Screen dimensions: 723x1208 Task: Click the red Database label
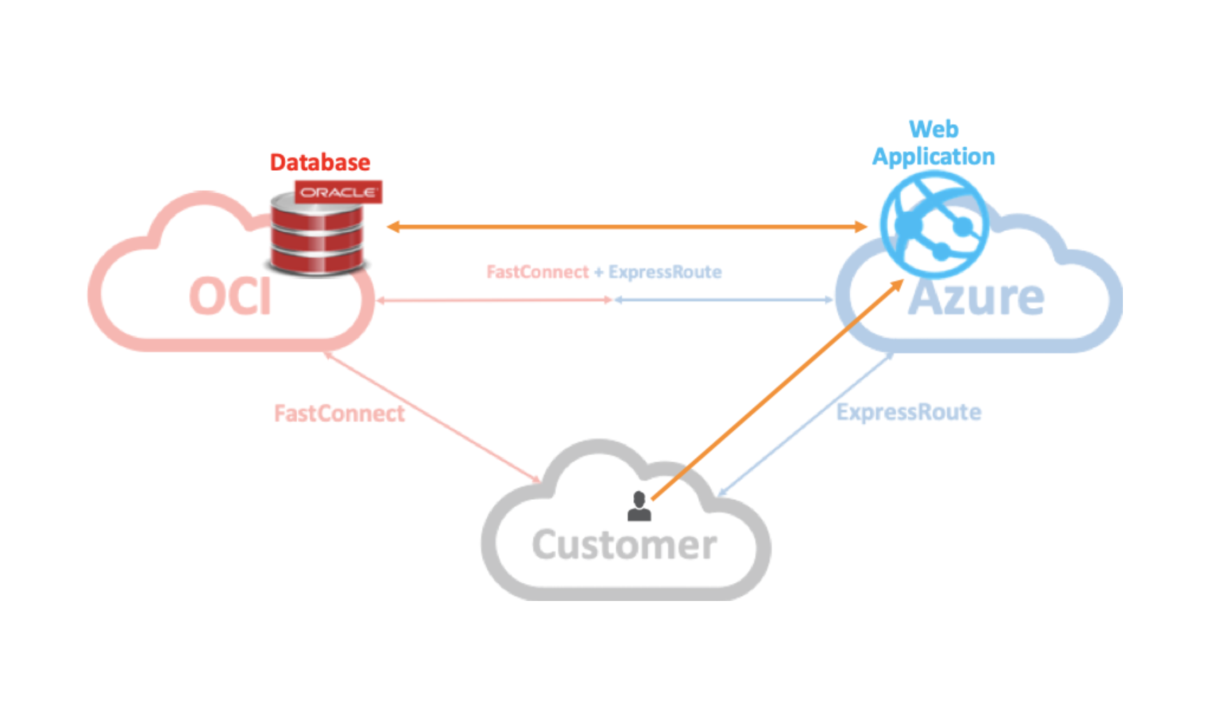(x=320, y=162)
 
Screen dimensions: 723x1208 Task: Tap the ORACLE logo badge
(x=338, y=192)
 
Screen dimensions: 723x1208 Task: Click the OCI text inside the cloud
(x=230, y=297)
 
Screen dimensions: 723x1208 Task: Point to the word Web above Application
(x=933, y=129)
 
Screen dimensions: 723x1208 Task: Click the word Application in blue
(x=933, y=157)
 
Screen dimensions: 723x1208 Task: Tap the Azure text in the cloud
(x=976, y=298)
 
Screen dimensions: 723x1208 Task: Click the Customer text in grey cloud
(x=624, y=545)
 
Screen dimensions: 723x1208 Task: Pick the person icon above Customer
(x=639, y=507)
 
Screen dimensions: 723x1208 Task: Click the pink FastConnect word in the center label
(x=537, y=272)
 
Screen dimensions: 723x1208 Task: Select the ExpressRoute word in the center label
(x=665, y=272)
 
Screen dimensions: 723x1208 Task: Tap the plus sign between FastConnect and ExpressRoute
(x=598, y=272)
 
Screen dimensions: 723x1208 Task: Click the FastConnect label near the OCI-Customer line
(x=339, y=413)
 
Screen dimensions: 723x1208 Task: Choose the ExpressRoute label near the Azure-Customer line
(x=909, y=412)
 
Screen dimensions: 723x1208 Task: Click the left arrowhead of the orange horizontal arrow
(x=393, y=227)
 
